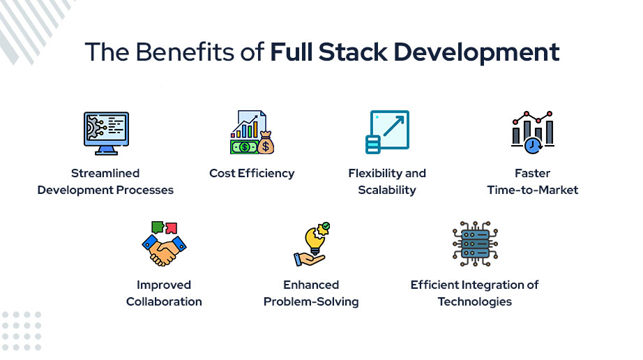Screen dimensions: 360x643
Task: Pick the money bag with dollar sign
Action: (x=265, y=144)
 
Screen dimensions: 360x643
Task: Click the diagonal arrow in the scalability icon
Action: (x=393, y=128)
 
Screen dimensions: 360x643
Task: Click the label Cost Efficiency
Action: (x=252, y=173)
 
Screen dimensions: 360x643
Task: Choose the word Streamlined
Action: (x=105, y=173)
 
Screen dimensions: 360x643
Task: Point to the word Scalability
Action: (x=387, y=190)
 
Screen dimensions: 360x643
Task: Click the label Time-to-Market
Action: (x=533, y=190)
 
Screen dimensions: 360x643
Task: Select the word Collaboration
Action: (x=164, y=301)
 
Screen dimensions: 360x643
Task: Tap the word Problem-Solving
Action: (x=311, y=301)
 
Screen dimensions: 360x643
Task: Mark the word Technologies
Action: (x=475, y=301)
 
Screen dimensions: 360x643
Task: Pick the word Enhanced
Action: (x=311, y=285)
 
